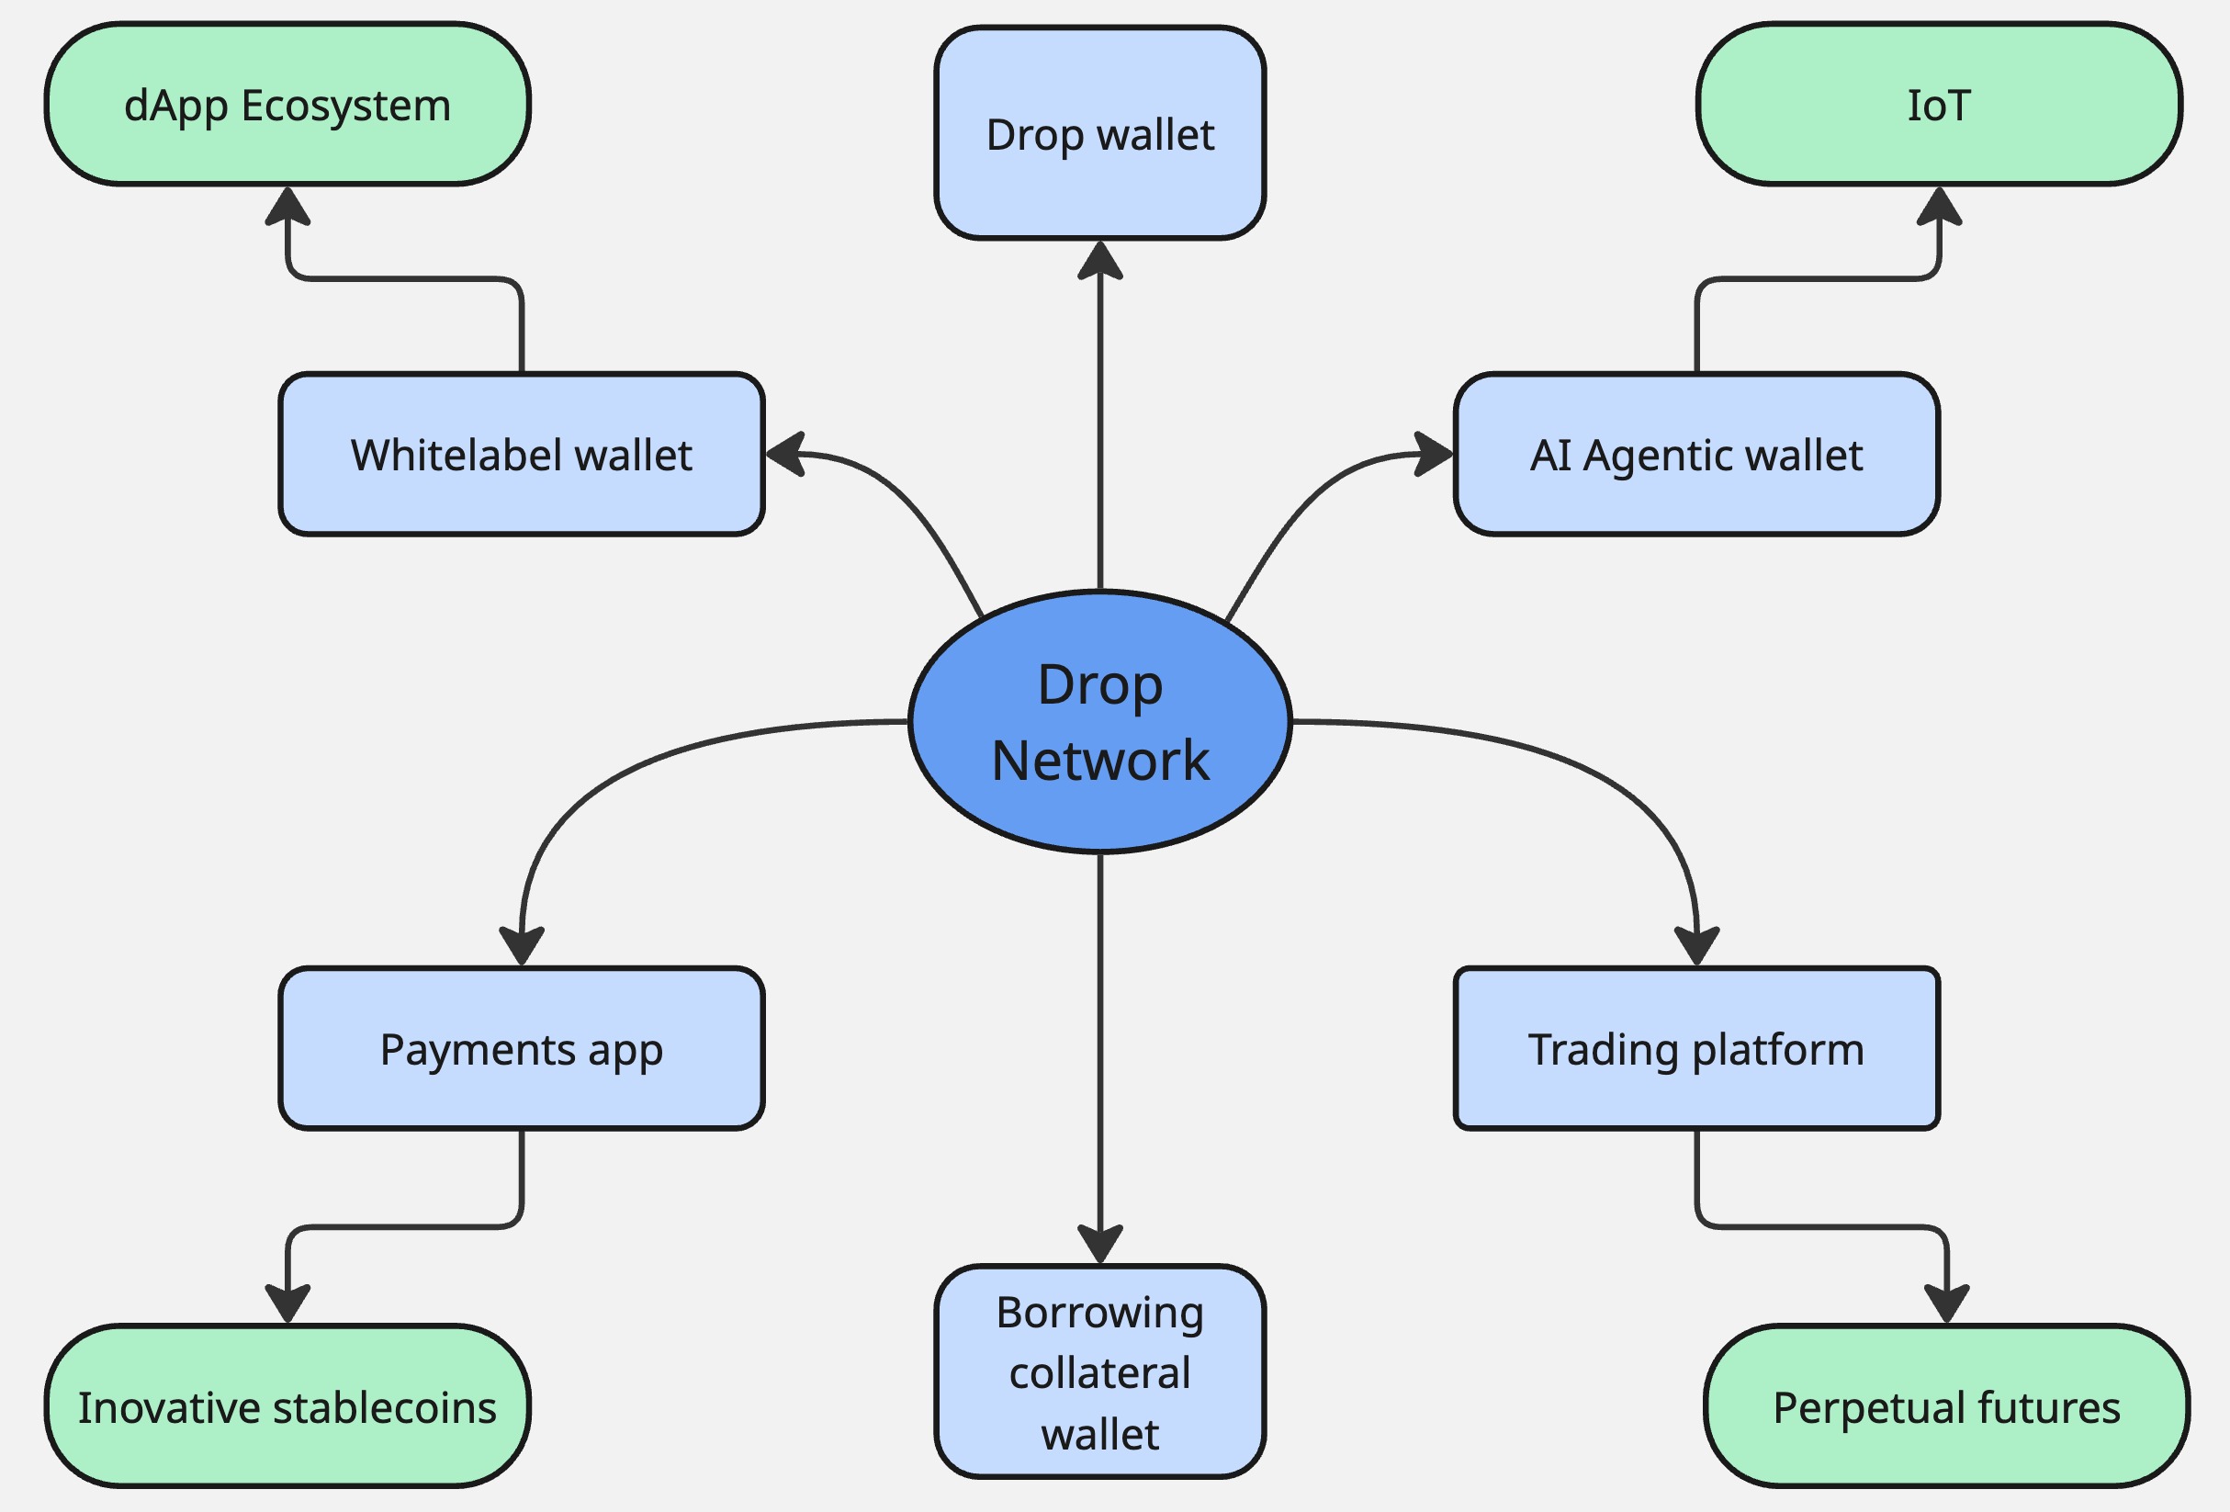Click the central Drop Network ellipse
click(x=1099, y=722)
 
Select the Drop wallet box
click(x=1099, y=133)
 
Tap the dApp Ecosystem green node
click(x=287, y=105)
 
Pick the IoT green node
click(x=1938, y=105)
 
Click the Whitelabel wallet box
click(x=521, y=454)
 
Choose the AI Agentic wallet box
click(x=1695, y=454)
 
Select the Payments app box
click(x=521, y=1048)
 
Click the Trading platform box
click(x=1695, y=1048)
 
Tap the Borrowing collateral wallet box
click(x=1099, y=1371)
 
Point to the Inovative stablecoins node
click(x=287, y=1406)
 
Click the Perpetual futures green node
click(x=1946, y=1406)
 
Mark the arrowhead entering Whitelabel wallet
click(x=786, y=453)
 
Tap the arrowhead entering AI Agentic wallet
click(x=1434, y=453)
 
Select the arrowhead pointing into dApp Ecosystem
click(x=287, y=206)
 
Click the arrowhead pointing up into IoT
click(x=1938, y=206)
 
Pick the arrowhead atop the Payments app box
click(x=521, y=946)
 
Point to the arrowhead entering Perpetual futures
click(x=1946, y=1303)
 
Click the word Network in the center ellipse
click(x=1099, y=761)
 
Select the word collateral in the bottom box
click(x=1099, y=1372)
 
